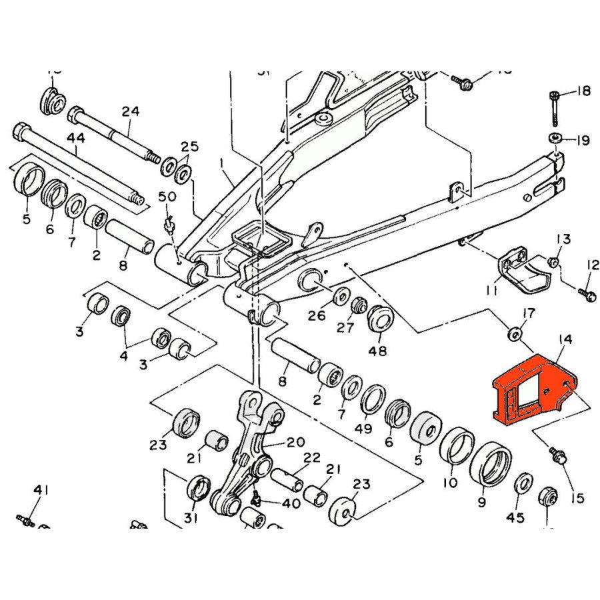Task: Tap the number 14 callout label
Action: pyautogui.click(x=565, y=340)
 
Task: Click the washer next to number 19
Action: pyautogui.click(x=555, y=139)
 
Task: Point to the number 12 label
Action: pyautogui.click(x=593, y=265)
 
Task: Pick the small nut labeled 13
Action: pyautogui.click(x=553, y=261)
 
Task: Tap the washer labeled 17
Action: pyautogui.click(x=514, y=333)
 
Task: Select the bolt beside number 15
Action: pyautogui.click(x=558, y=456)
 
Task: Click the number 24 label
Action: pyautogui.click(x=131, y=111)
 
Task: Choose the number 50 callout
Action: pyautogui.click(x=167, y=197)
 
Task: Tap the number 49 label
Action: pyautogui.click(x=363, y=429)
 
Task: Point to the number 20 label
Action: pyautogui.click(x=295, y=442)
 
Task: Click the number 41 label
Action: pyautogui.click(x=41, y=491)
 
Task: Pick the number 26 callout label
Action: pyautogui.click(x=316, y=315)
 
